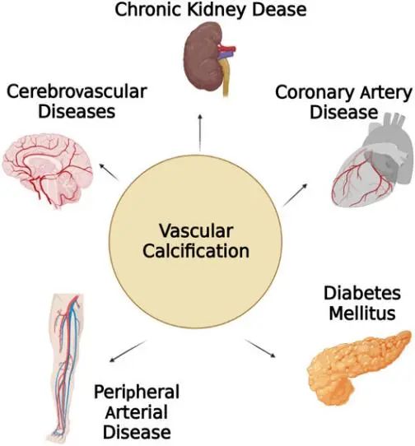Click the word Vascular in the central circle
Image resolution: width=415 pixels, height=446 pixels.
(x=196, y=230)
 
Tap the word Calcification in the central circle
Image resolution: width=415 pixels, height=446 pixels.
(x=196, y=251)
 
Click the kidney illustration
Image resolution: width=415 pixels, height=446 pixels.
(x=209, y=59)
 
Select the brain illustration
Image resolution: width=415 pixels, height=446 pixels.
(x=48, y=171)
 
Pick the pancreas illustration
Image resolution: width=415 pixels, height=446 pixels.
(x=360, y=367)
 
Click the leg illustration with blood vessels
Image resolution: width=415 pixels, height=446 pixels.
(x=65, y=368)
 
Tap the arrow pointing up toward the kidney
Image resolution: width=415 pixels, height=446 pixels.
(x=200, y=132)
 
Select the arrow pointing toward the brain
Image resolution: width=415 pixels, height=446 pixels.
(x=109, y=171)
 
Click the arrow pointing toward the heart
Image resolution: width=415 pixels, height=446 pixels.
(x=296, y=195)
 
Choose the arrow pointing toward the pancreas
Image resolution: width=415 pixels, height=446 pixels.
(x=260, y=348)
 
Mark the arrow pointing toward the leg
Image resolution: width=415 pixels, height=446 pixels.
(x=128, y=351)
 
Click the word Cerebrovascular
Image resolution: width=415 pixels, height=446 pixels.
(x=77, y=91)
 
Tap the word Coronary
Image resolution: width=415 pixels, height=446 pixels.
(x=315, y=93)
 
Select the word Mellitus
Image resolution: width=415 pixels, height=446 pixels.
(x=362, y=314)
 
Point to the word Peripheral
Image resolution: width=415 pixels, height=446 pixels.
(x=137, y=393)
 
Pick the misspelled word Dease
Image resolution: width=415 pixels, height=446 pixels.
(x=279, y=9)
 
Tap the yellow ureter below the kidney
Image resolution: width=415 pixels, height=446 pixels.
(x=225, y=77)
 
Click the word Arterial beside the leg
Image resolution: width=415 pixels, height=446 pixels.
(x=137, y=412)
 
